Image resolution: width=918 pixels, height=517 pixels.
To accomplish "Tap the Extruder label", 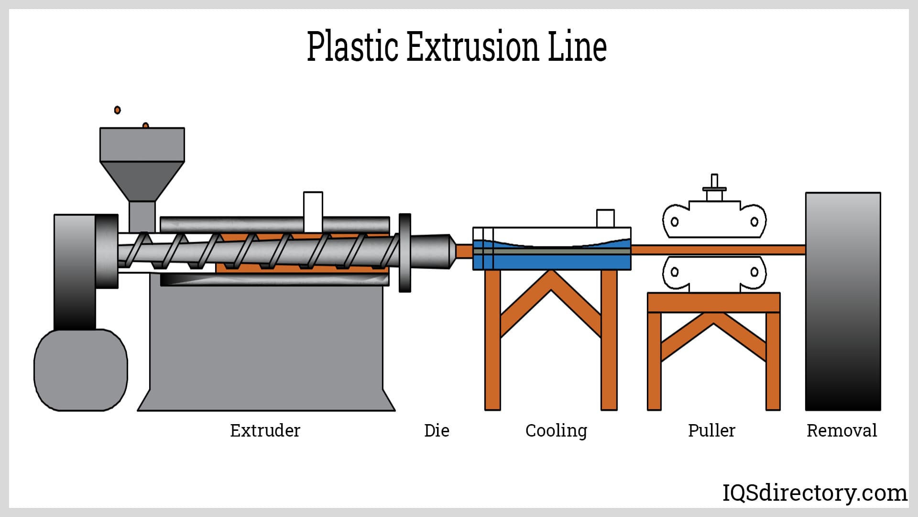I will point(265,430).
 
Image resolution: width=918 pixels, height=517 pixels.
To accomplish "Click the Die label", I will point(437,430).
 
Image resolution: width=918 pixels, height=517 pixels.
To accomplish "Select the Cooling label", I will point(556,431).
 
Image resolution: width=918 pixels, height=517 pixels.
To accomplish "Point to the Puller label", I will point(711,430).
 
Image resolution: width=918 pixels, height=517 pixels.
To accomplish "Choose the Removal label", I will point(841,430).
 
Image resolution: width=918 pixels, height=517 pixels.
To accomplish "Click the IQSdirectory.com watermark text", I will point(814,493).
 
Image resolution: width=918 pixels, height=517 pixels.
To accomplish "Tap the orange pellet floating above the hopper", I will point(117,110).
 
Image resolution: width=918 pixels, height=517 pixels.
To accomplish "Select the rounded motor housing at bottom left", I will point(81,370).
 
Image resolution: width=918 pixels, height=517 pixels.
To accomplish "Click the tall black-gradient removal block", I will point(842,302).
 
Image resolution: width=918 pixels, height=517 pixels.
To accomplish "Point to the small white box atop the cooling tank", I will point(605,218).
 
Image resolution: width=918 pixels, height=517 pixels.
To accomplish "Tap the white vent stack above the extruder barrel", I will point(313,211).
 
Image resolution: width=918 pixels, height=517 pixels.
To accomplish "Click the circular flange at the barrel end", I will point(404,252).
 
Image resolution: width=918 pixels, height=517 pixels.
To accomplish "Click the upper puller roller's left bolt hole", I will point(675,222).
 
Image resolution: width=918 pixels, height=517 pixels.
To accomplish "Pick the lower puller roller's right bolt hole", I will point(754,272).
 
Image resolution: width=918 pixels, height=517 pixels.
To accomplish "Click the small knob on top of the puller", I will point(714,182).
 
